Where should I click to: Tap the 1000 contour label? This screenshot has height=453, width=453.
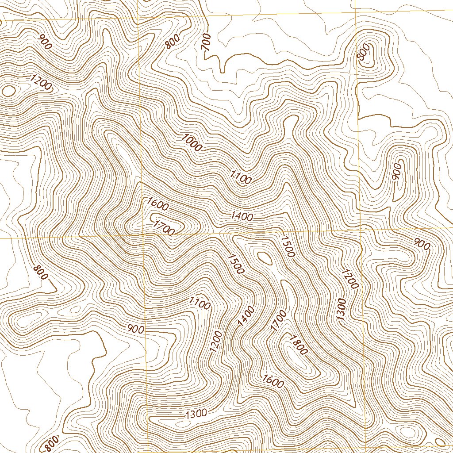[x=191, y=142]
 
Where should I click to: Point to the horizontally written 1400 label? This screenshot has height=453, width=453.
[x=242, y=217]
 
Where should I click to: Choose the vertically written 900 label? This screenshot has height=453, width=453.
[x=397, y=172]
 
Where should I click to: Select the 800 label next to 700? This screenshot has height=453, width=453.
[x=172, y=42]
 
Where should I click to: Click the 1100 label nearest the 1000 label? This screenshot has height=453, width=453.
[x=241, y=177]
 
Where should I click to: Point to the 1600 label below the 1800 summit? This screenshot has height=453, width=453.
[x=273, y=380]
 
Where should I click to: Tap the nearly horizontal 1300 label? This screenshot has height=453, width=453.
[x=196, y=414]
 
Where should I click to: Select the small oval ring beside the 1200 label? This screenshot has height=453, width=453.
[x=8, y=91]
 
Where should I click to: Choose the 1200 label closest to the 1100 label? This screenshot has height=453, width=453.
[x=216, y=341]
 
